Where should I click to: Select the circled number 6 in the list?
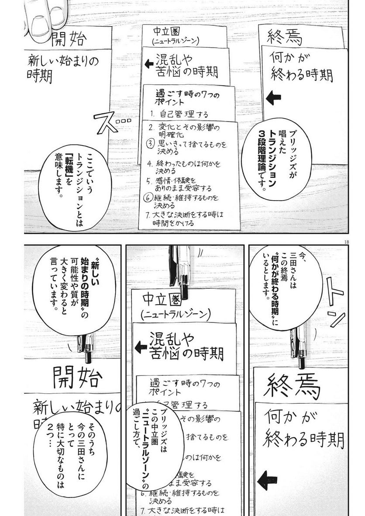click(148, 197)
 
